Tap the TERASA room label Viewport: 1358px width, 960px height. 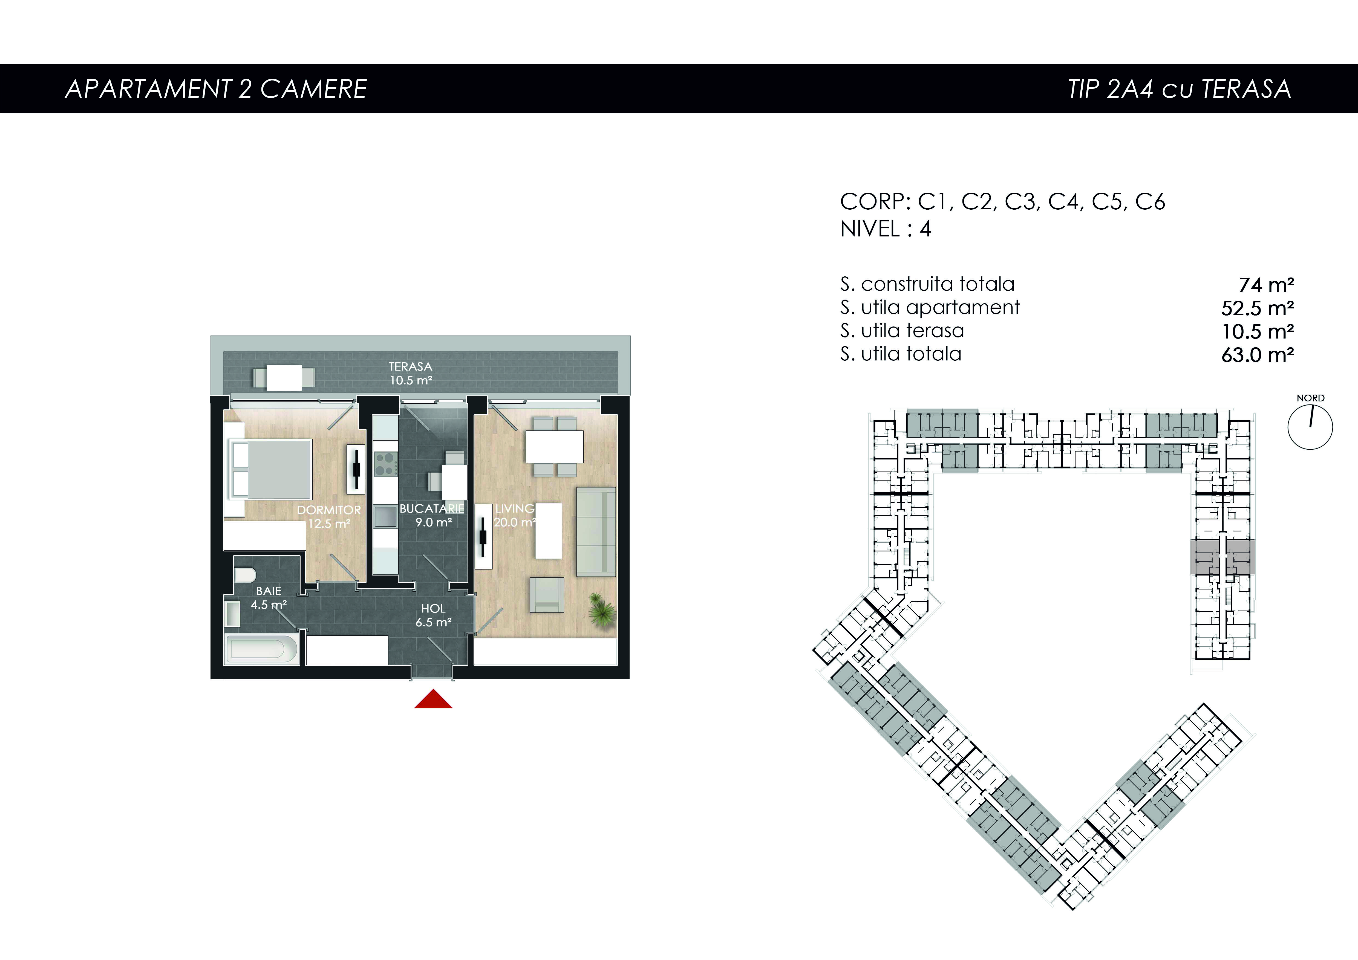[411, 366]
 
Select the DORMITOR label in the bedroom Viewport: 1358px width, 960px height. [329, 510]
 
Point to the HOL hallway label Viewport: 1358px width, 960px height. [433, 608]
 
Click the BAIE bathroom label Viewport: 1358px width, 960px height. [269, 591]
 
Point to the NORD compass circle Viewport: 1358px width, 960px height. [1310, 427]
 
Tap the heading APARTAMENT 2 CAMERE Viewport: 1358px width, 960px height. [216, 89]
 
